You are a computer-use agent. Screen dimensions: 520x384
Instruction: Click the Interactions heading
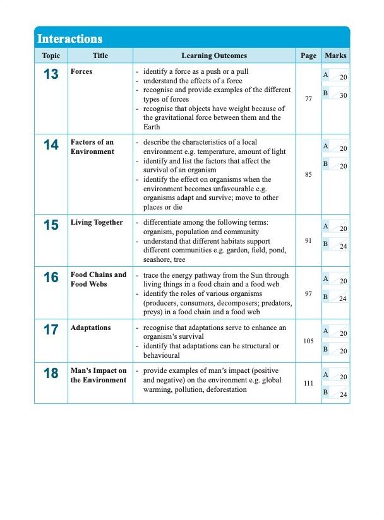[x=70, y=39]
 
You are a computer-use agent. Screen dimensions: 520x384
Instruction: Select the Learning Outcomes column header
[x=214, y=56]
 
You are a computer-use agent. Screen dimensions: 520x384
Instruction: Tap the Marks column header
[x=335, y=56]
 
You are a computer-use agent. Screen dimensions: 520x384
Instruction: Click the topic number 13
[x=51, y=74]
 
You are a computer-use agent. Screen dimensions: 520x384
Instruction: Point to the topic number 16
[x=51, y=277]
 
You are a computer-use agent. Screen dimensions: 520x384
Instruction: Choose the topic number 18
[x=51, y=373]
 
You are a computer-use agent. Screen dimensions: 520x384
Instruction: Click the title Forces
[x=81, y=72]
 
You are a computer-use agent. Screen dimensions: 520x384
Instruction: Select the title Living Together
[x=97, y=223]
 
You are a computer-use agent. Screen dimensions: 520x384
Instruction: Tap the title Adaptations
[x=90, y=328]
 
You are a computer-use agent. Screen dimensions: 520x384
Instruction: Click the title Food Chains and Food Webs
[x=98, y=280]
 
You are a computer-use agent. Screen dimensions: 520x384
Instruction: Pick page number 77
[x=308, y=99]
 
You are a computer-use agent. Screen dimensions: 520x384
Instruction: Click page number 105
[x=308, y=341]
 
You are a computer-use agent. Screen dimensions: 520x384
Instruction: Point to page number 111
[x=308, y=383]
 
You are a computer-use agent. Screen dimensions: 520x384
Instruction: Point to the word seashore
[x=158, y=259]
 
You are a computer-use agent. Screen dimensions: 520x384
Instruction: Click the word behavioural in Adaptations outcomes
[x=162, y=355]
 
